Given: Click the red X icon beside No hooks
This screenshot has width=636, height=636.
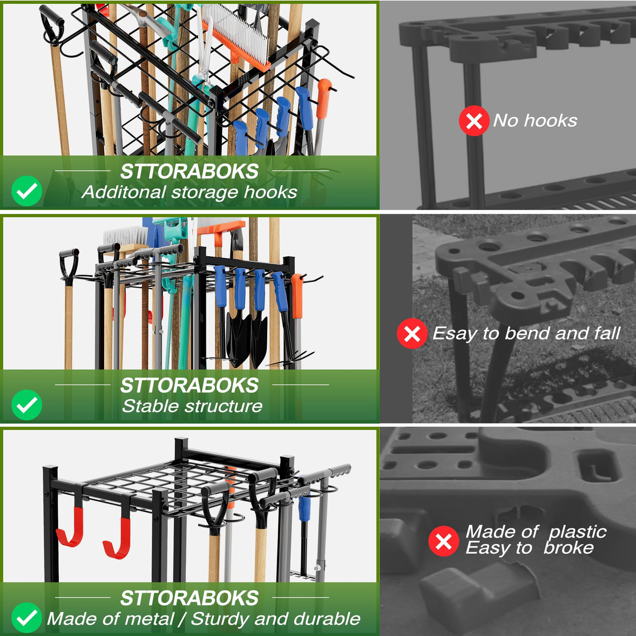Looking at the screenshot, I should [474, 121].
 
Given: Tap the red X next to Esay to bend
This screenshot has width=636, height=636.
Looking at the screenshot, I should [412, 333].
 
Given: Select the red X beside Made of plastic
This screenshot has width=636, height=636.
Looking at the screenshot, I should [444, 541].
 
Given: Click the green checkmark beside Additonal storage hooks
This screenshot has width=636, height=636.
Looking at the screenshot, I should [27, 191].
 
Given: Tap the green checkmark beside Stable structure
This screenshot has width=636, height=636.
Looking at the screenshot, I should [27, 405].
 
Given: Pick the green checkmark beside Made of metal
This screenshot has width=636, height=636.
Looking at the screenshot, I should [27, 618].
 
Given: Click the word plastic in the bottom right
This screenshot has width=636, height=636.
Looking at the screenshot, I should [577, 532].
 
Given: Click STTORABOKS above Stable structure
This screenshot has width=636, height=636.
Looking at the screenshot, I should [189, 386].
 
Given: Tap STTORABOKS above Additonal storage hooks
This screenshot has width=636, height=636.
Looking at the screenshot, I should [189, 172].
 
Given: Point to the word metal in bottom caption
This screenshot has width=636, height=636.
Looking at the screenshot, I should [149, 619].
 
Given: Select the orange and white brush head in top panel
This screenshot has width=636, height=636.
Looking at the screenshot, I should [236, 37].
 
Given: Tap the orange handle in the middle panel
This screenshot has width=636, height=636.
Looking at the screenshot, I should [297, 296].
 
